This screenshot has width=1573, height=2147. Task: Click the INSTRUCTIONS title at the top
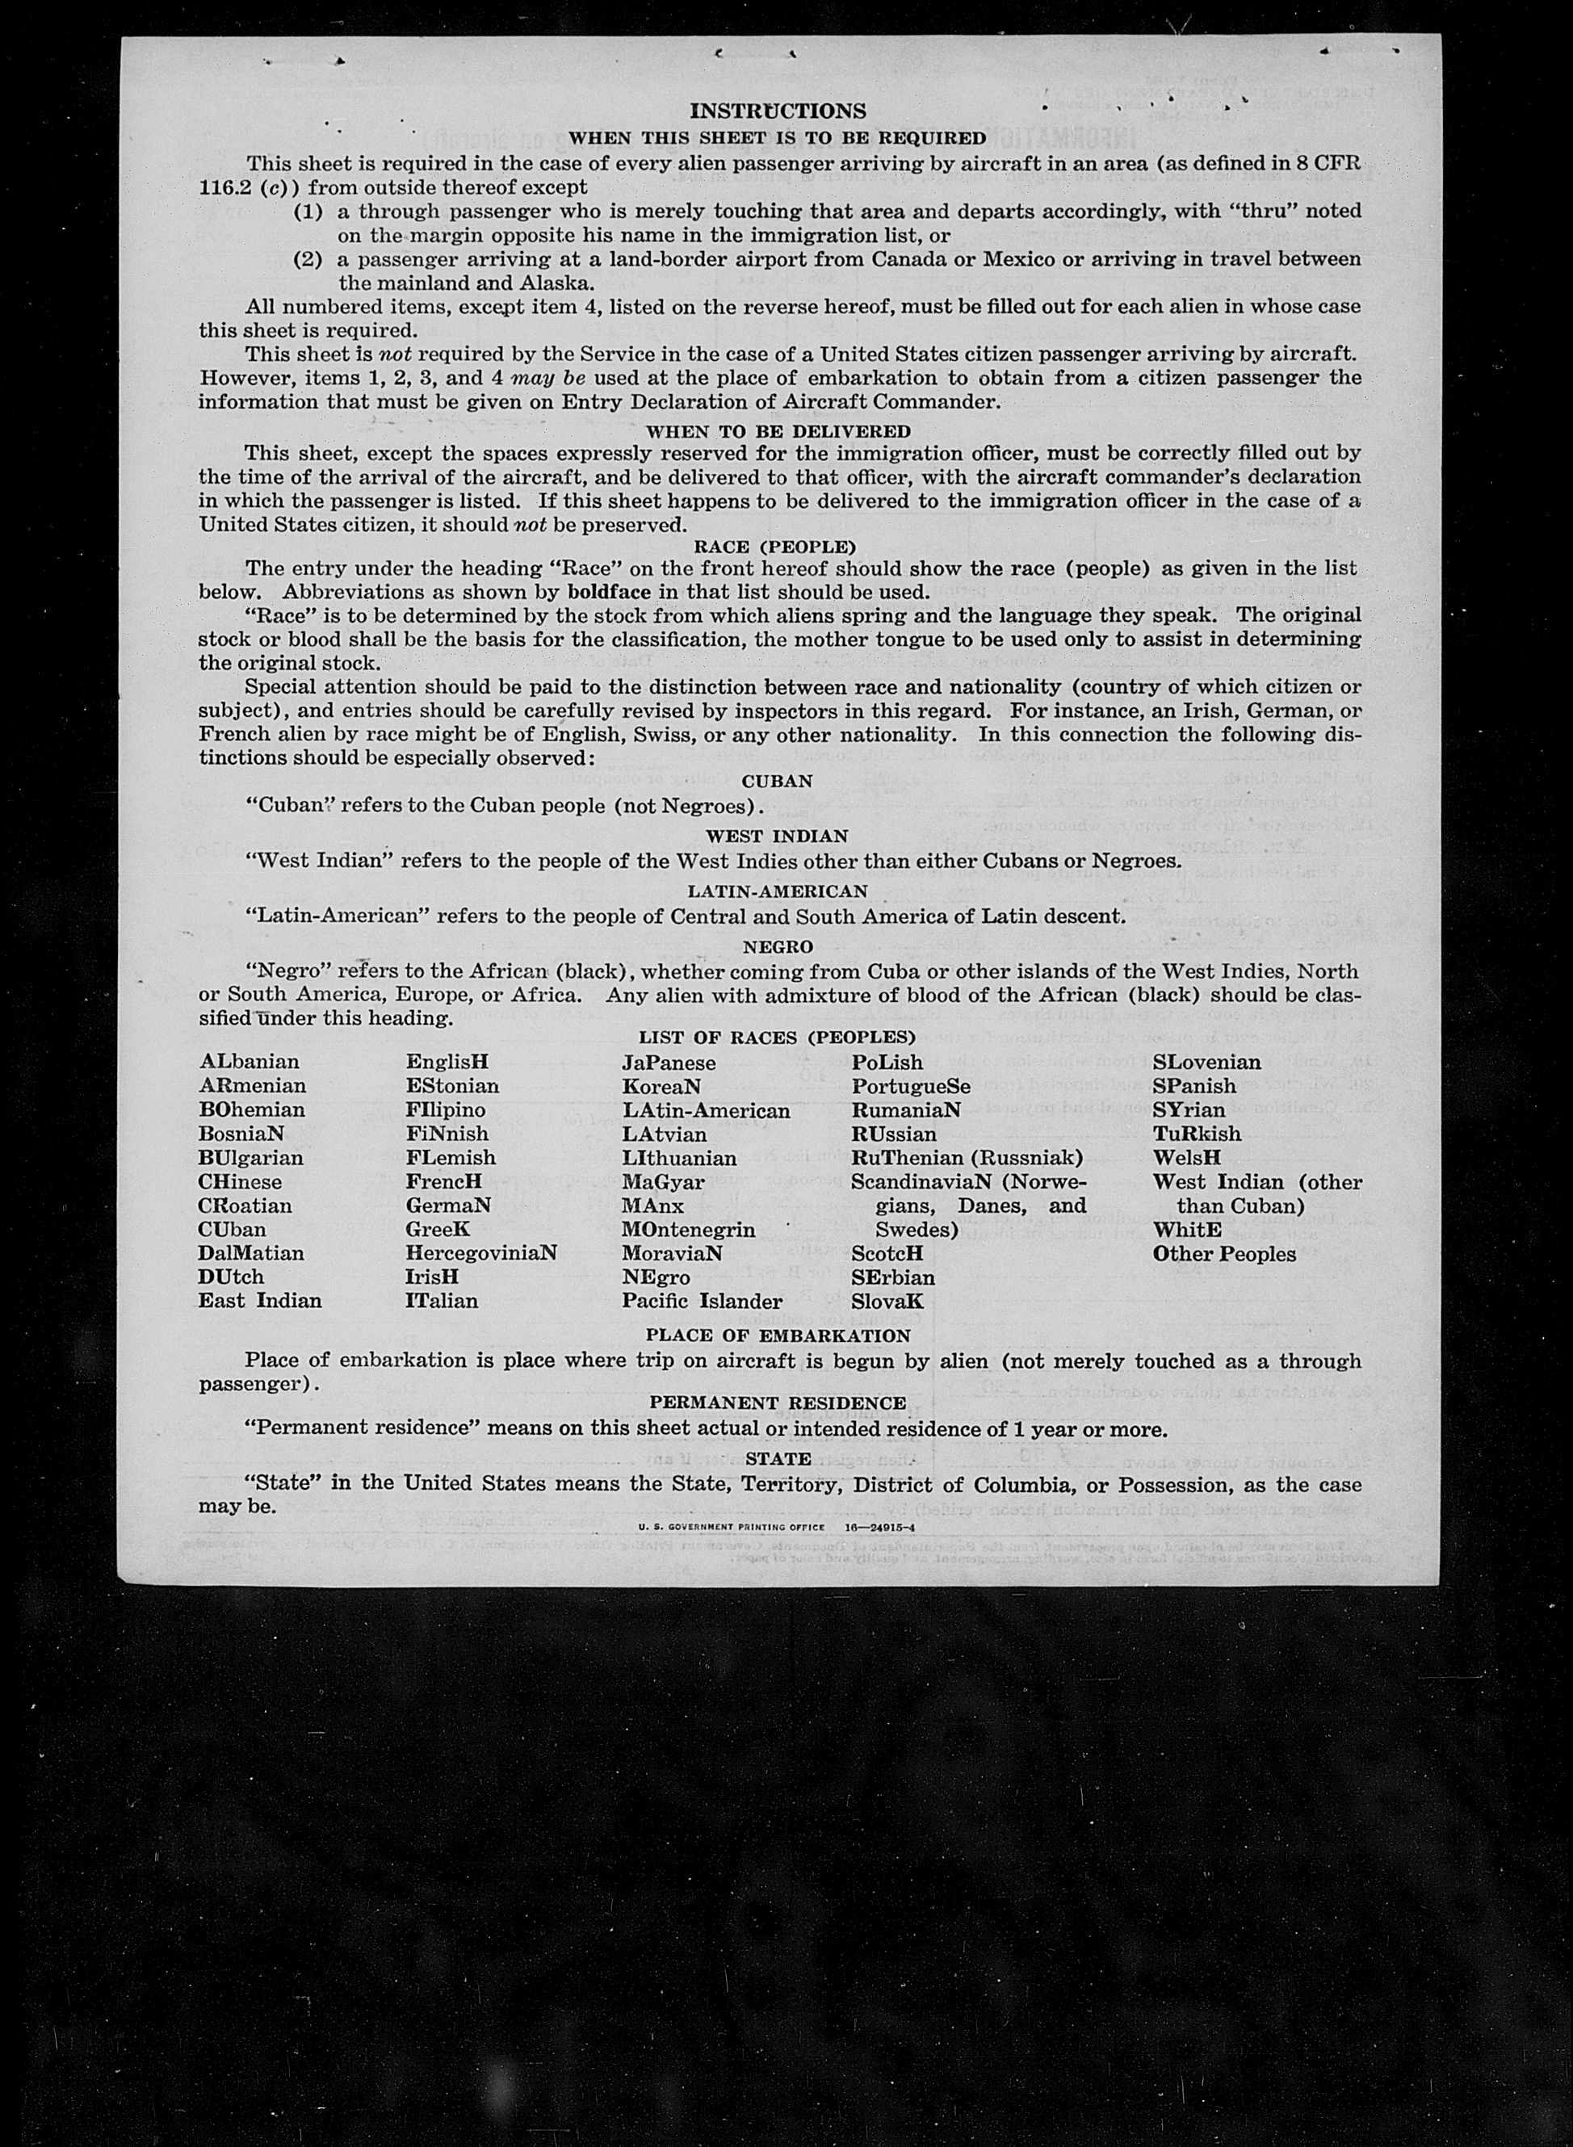pyautogui.click(x=778, y=111)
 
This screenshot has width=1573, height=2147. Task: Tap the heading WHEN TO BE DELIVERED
pyautogui.click(x=778, y=431)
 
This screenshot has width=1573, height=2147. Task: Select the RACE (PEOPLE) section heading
pyautogui.click(x=775, y=547)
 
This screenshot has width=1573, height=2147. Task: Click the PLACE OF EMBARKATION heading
pyautogui.click(x=778, y=1335)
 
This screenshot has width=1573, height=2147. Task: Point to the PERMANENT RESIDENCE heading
pyautogui.click(x=778, y=1403)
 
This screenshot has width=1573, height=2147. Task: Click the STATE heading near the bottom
pyautogui.click(x=778, y=1457)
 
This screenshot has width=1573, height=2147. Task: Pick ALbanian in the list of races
pyautogui.click(x=250, y=1062)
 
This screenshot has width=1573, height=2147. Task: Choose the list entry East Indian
pyautogui.click(x=260, y=1301)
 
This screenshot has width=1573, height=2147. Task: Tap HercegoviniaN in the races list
pyautogui.click(x=480, y=1253)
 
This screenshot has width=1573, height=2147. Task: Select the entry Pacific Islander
pyautogui.click(x=702, y=1301)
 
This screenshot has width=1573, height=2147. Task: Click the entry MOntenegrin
pyautogui.click(x=689, y=1229)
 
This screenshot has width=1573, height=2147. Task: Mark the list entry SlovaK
pyautogui.click(x=887, y=1301)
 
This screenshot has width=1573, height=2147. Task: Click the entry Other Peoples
pyautogui.click(x=1224, y=1254)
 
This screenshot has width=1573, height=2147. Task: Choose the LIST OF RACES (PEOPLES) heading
pyautogui.click(x=777, y=1037)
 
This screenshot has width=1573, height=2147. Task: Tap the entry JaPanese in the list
pyautogui.click(x=669, y=1063)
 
